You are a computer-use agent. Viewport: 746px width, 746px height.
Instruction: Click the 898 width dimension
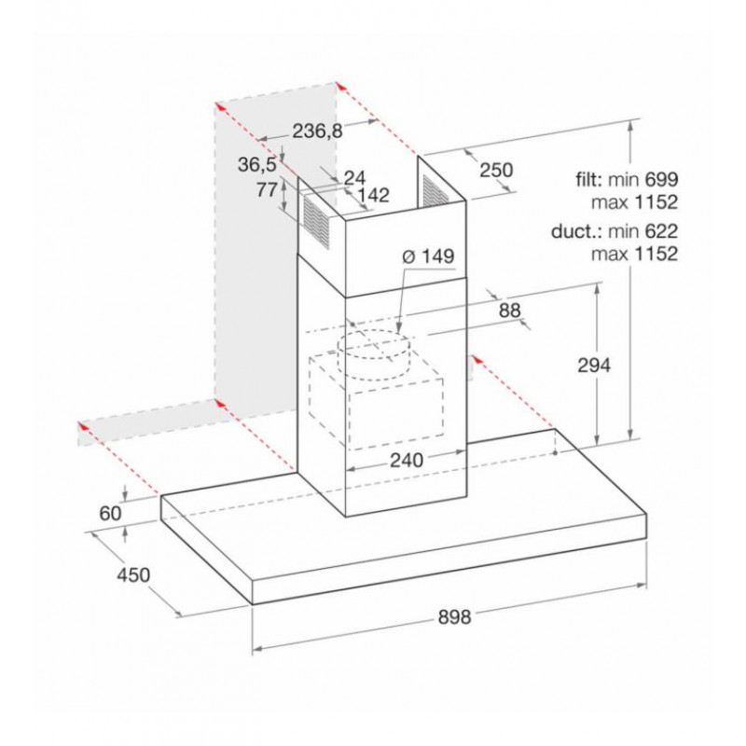point(454,616)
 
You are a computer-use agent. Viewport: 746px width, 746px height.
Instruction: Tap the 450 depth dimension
point(133,574)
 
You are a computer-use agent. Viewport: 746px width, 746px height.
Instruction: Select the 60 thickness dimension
point(110,514)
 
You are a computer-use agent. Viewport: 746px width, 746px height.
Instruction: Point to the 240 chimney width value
point(407,460)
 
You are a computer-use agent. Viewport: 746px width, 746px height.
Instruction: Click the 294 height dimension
point(594,366)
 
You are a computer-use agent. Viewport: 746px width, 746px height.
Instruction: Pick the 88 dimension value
point(509,311)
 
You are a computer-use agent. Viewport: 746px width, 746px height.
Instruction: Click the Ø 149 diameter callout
point(428,256)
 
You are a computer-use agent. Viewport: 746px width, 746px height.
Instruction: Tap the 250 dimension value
point(496,170)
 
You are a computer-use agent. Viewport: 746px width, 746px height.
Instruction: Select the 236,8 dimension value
point(317,131)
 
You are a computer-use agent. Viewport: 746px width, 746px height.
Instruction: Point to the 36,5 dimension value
point(257,165)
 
